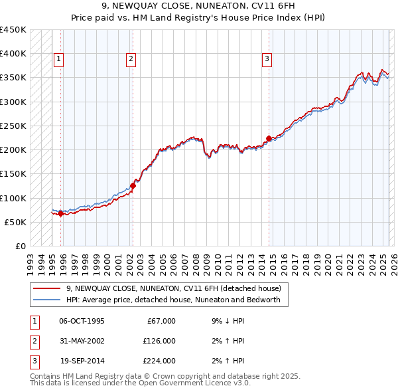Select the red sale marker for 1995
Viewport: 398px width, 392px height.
click(x=60, y=214)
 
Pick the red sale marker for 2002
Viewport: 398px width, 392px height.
click(x=133, y=186)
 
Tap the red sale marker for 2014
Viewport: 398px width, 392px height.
click(x=269, y=139)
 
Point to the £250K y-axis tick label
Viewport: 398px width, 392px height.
click(x=14, y=126)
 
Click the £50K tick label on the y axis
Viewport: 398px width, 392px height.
click(x=17, y=222)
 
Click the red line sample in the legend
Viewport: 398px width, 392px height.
click(x=46, y=288)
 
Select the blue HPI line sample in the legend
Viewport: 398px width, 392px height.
click(x=46, y=300)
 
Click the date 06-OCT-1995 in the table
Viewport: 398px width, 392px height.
click(x=82, y=321)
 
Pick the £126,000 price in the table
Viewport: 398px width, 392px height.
click(x=159, y=341)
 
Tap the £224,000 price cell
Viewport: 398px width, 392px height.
click(x=159, y=361)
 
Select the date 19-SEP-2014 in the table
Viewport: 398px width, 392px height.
click(x=82, y=361)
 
